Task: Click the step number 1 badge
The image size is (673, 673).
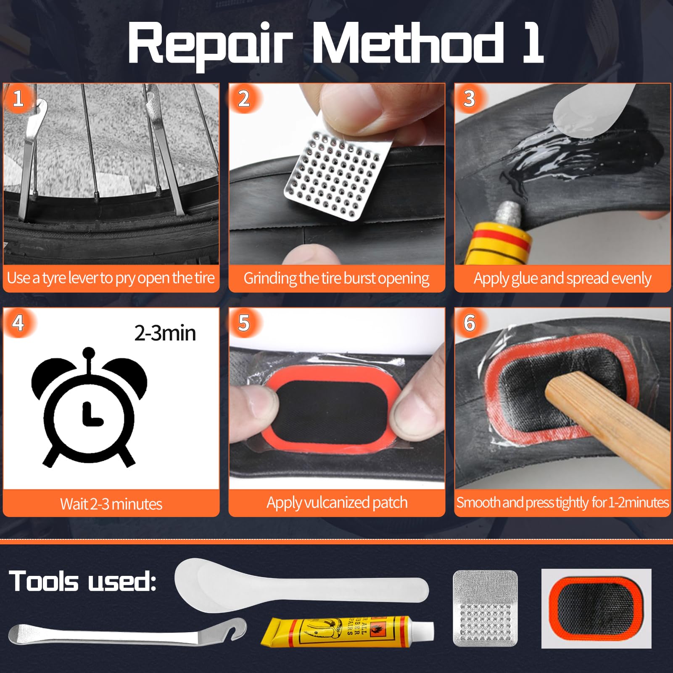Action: click(x=18, y=99)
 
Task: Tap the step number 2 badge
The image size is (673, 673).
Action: click(x=243, y=99)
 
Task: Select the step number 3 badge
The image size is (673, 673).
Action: click(x=469, y=99)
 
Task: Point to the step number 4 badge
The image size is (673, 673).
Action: click(x=18, y=323)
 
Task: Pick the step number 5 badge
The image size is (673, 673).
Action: click(x=243, y=323)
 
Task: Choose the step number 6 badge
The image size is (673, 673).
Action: click(x=469, y=323)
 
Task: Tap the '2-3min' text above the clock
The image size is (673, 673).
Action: click(x=165, y=333)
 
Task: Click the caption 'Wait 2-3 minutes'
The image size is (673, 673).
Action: click(x=111, y=504)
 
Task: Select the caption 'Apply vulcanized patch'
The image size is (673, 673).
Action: click(x=337, y=503)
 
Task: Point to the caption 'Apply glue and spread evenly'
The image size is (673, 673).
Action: click(x=562, y=278)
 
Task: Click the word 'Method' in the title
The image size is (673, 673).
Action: click(x=408, y=43)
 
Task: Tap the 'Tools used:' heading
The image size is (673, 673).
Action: click(x=82, y=581)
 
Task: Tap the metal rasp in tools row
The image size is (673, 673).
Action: click(x=485, y=608)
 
